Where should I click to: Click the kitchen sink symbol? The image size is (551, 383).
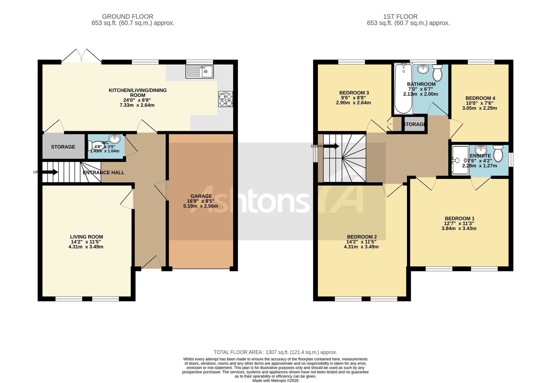tap(199, 72)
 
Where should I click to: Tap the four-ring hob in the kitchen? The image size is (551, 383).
tap(226, 99)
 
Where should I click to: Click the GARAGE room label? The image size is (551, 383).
tap(201, 196)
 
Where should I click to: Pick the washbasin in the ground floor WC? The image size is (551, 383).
tap(115, 139)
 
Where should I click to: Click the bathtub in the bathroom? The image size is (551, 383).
tap(404, 88)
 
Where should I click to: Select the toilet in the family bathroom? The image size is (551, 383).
tap(437, 73)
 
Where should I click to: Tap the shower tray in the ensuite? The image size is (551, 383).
tap(461, 160)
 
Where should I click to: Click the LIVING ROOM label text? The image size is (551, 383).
tap(87, 237)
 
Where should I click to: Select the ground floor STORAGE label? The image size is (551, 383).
tap(63, 147)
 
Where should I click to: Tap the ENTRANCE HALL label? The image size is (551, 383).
tap(104, 172)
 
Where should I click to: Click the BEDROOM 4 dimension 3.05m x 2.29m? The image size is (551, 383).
tap(480, 108)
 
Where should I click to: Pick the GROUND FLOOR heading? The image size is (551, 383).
tap(128, 17)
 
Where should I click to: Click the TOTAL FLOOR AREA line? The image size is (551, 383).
tap(275, 352)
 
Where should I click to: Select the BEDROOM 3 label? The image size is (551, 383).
tap(354, 93)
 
